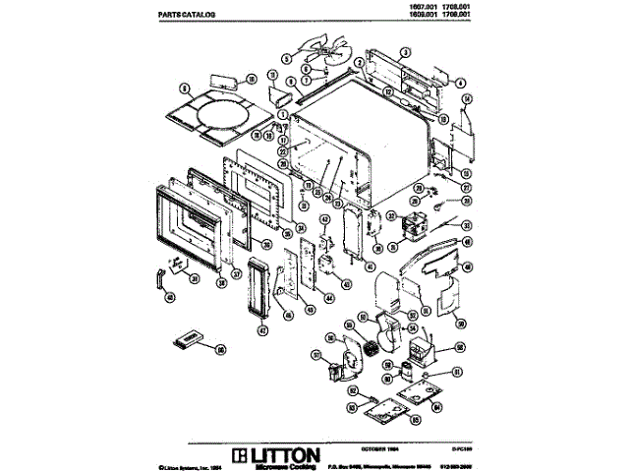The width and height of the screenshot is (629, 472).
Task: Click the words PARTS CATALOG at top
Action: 187,15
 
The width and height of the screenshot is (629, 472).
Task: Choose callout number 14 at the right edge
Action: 468,99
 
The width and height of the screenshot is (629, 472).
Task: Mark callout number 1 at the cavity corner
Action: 283,115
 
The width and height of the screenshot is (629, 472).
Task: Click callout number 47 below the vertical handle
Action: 263,331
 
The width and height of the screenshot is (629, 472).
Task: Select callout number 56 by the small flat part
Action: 221,348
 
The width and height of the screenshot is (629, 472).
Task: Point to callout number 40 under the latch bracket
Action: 170,298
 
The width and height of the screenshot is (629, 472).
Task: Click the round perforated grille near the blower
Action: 372,346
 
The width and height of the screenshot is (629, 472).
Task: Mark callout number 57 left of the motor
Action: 317,355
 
